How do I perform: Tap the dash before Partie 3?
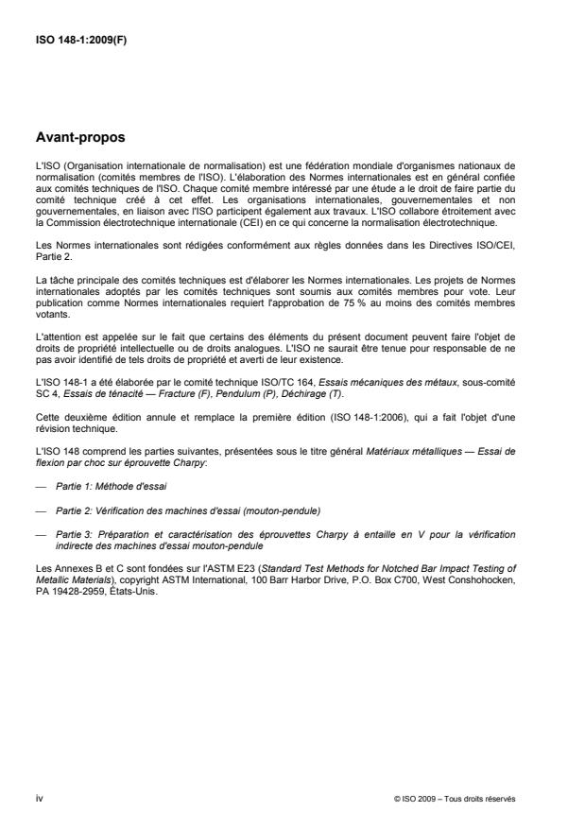coord(40,534)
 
